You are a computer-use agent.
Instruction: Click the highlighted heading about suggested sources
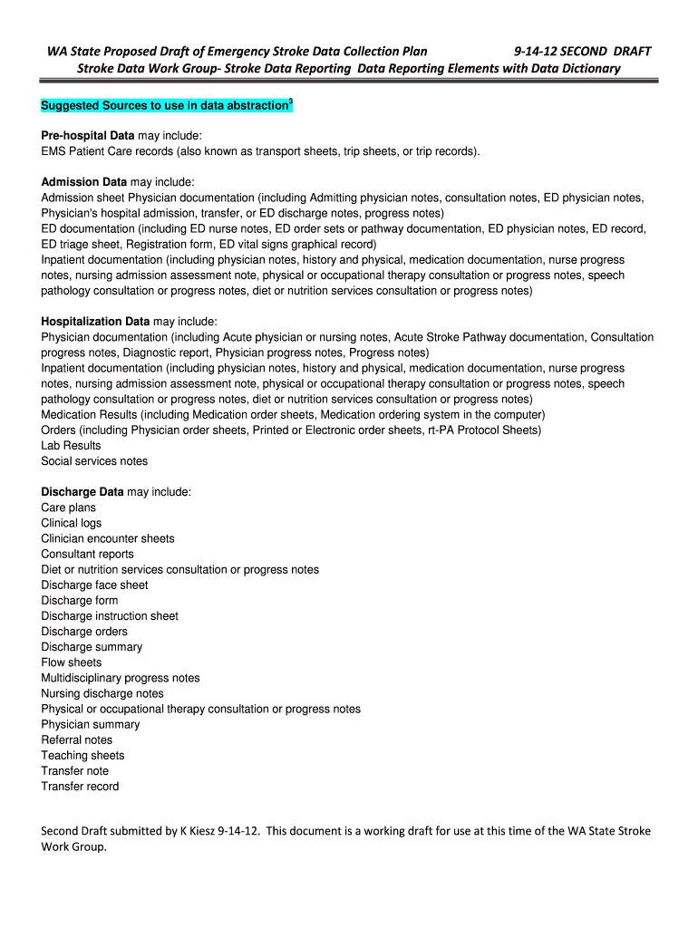(164, 107)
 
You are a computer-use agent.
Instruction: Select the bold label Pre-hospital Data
(88, 135)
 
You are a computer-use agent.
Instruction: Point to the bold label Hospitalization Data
(95, 322)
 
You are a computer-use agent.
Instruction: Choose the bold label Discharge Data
(82, 492)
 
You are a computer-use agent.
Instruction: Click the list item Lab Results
(71, 446)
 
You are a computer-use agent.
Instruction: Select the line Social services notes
(94, 461)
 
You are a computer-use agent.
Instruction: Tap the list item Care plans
(68, 507)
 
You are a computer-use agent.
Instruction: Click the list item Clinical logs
(72, 523)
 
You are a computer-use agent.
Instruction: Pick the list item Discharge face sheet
(94, 585)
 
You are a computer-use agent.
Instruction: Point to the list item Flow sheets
(72, 662)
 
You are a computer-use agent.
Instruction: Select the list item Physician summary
(91, 724)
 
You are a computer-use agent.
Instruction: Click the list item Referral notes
(77, 739)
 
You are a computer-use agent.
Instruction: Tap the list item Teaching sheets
(82, 755)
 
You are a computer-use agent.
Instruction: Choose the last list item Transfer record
(80, 787)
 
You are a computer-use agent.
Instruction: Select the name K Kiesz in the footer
(189, 831)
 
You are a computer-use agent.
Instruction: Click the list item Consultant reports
(87, 554)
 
